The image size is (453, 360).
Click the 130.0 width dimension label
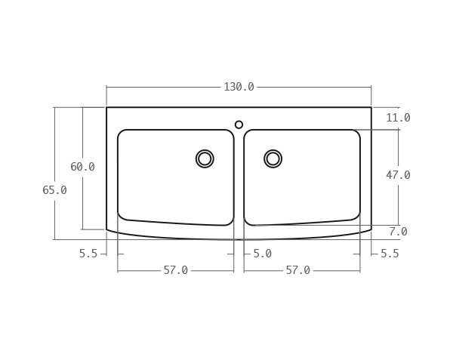(x=239, y=87)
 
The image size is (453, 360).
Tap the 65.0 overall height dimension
(x=54, y=190)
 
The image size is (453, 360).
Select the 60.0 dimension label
(x=82, y=167)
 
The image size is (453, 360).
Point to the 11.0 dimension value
(x=398, y=118)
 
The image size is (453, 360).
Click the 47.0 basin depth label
(x=398, y=175)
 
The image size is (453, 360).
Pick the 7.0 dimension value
(x=398, y=232)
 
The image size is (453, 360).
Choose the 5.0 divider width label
(x=262, y=254)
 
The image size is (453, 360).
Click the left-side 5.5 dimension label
(x=88, y=254)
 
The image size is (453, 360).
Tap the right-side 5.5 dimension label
(x=390, y=254)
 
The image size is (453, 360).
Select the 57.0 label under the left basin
(x=175, y=270)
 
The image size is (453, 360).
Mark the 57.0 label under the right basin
(x=297, y=270)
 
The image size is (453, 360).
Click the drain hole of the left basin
(x=205, y=158)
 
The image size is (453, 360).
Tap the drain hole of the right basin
(x=273, y=158)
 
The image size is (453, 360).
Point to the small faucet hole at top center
(x=239, y=125)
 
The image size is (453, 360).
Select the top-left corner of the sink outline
(x=106, y=107)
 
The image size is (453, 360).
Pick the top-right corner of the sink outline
(x=371, y=107)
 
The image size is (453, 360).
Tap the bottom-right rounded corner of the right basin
(x=356, y=216)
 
